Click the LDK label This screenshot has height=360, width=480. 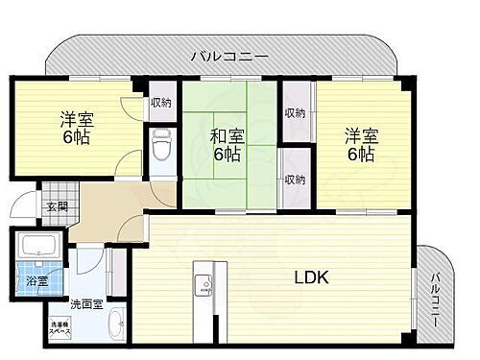click(x=311, y=278)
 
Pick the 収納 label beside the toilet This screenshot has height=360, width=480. click(x=160, y=104)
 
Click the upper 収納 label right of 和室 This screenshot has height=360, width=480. click(x=296, y=112)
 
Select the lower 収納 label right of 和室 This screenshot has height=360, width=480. click(x=295, y=179)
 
